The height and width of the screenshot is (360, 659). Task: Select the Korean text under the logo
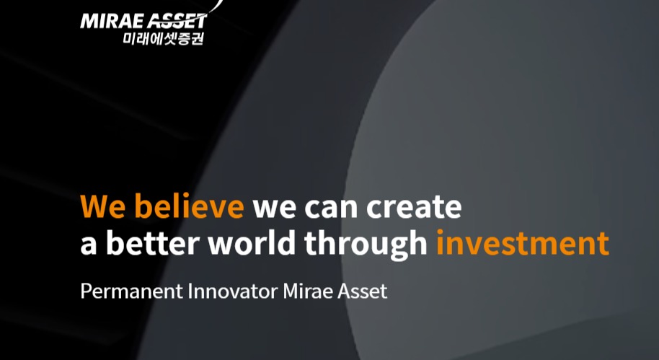point(164,38)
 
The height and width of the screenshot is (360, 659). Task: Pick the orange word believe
point(189,206)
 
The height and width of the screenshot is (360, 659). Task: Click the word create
point(414,207)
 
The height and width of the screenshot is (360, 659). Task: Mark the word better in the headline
point(152,242)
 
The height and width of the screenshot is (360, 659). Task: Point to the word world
point(252,242)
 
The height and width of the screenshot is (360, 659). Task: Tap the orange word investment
point(523,243)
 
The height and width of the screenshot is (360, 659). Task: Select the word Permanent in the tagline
point(131,291)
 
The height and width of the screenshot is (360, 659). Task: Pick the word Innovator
point(233,291)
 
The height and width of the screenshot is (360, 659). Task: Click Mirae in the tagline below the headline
point(308,291)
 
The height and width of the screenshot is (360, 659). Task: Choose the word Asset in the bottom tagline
point(362,291)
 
